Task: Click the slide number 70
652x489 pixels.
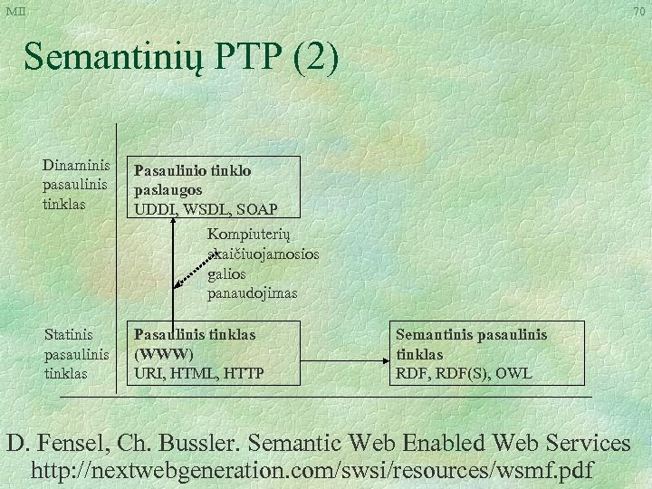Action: [638, 12]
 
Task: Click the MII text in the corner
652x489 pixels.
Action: [15, 10]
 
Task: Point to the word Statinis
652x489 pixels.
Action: [69, 335]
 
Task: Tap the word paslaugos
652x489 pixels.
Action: [168, 190]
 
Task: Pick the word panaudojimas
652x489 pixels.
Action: [252, 293]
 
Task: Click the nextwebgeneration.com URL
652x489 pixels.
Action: [312, 471]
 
